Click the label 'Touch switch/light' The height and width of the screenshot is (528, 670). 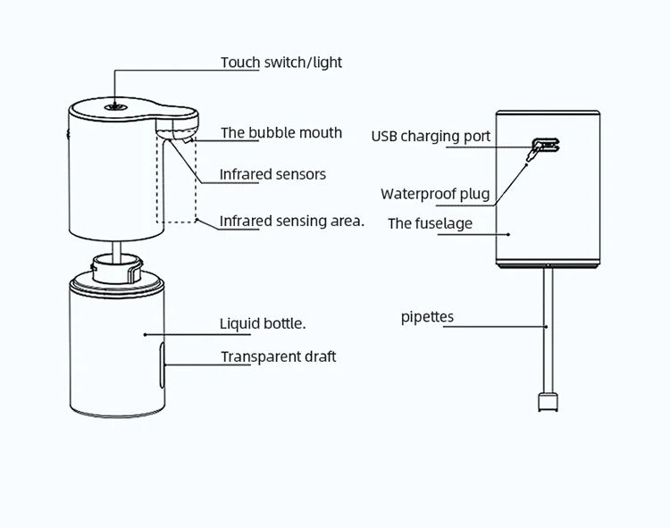click(x=281, y=63)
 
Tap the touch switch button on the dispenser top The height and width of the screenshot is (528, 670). click(x=114, y=105)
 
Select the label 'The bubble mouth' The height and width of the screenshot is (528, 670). click(x=281, y=133)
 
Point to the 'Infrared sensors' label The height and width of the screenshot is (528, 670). click(x=272, y=174)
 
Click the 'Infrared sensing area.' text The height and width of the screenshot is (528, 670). click(x=292, y=220)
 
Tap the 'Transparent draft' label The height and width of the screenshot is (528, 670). click(x=279, y=356)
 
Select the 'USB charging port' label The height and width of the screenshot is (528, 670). click(x=431, y=137)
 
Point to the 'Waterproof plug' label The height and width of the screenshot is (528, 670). click(x=436, y=194)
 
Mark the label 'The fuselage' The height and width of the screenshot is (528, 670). click(x=430, y=223)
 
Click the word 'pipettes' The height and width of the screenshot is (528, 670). click(x=427, y=317)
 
